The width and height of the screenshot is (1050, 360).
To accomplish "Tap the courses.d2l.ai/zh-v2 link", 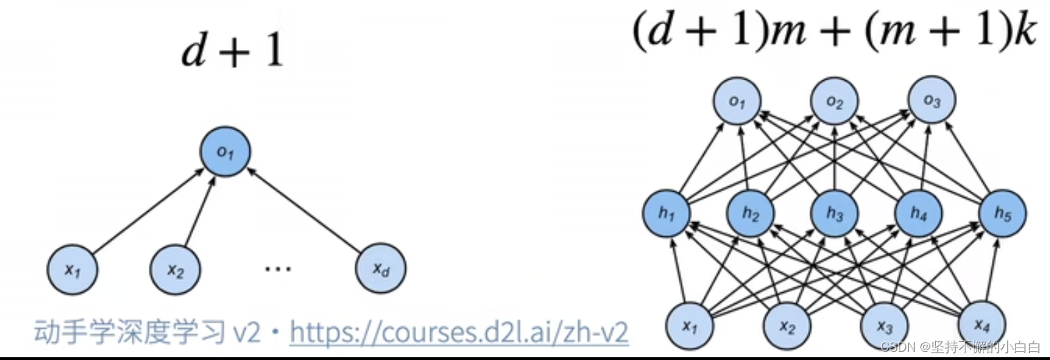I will (x=459, y=333).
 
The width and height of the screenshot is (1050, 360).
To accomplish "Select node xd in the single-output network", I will (x=380, y=269).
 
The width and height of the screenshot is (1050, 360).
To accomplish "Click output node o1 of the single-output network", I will (x=224, y=152).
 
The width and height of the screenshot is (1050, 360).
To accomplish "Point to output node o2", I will (x=835, y=104).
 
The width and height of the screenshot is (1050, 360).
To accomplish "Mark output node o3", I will (x=932, y=102).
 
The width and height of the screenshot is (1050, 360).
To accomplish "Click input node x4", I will (x=981, y=325).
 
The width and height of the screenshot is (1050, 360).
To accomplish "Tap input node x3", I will (x=884, y=325).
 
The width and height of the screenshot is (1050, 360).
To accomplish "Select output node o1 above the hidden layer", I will (x=737, y=104).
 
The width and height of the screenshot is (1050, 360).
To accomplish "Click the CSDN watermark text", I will (x=960, y=346).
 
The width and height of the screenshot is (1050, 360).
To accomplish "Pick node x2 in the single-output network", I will (x=175, y=269).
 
